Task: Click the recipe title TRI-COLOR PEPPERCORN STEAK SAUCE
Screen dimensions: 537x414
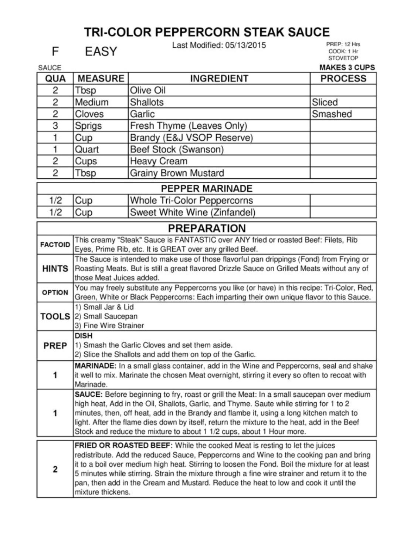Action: (x=207, y=32)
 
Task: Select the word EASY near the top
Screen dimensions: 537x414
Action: (x=101, y=51)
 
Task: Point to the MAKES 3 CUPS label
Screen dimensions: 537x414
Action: (x=347, y=67)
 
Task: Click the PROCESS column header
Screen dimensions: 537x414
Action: (x=343, y=78)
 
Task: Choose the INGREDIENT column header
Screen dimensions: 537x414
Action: (x=219, y=78)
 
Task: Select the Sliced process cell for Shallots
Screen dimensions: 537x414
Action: (x=325, y=102)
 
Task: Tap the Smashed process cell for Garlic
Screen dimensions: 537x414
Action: (x=332, y=114)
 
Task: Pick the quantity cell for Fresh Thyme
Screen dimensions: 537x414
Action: (x=55, y=126)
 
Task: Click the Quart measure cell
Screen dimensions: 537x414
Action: (x=87, y=150)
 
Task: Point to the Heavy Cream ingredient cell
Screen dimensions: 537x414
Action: (x=159, y=161)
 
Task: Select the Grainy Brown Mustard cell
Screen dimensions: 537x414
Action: (x=177, y=173)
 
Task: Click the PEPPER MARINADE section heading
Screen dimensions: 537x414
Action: (x=207, y=188)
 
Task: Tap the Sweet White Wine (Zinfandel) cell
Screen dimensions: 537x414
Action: (x=192, y=212)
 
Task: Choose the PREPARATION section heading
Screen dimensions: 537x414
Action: (x=207, y=228)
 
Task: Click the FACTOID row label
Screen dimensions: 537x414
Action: (x=55, y=245)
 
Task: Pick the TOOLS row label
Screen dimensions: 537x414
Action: (x=55, y=316)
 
